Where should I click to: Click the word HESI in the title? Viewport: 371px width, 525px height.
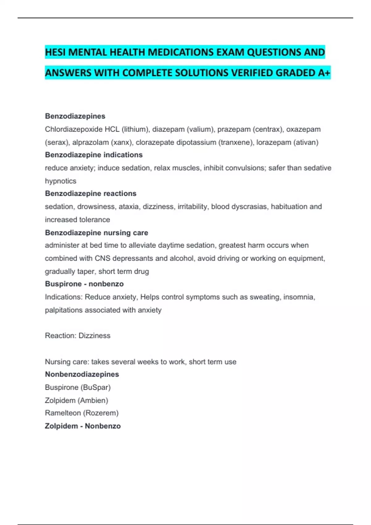point(55,52)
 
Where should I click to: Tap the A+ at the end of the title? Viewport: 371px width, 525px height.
point(324,73)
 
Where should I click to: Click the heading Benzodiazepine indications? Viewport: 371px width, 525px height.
point(94,155)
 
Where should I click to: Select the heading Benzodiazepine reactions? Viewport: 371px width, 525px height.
point(91,193)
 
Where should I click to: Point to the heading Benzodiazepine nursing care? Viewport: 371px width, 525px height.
point(96,233)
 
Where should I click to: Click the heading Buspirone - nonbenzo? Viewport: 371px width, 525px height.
point(84,284)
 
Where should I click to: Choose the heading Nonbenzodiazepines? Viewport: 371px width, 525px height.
point(82,374)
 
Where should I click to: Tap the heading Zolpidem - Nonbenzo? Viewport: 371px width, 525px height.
point(83,426)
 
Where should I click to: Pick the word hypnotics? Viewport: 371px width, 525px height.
point(61,181)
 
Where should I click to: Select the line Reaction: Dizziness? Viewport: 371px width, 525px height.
point(78,336)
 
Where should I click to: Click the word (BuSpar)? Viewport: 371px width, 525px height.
point(96,387)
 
